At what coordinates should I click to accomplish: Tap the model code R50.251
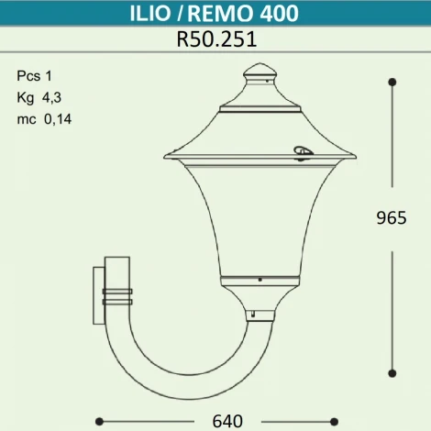click(x=215, y=39)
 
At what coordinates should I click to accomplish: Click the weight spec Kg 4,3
click(x=39, y=96)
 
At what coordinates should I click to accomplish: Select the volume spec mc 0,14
click(x=43, y=116)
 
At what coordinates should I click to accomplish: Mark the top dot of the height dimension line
click(x=392, y=83)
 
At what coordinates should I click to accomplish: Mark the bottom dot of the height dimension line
click(x=392, y=373)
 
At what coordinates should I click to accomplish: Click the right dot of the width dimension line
click(x=359, y=421)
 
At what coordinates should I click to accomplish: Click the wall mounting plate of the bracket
click(x=97, y=294)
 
